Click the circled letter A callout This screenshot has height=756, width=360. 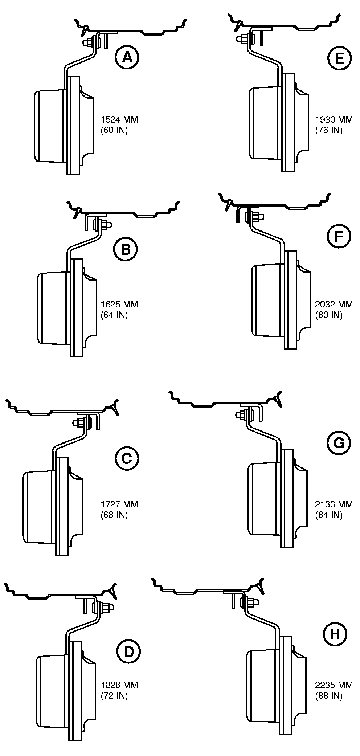[127, 57]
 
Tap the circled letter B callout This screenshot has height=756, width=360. [125, 249]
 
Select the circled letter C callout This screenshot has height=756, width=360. [127, 458]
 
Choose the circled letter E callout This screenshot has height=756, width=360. [340, 58]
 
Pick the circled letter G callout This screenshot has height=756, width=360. [339, 443]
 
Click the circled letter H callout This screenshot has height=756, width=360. [334, 634]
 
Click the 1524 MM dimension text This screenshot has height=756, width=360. [119, 119]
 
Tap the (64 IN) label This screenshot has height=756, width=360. [114, 315]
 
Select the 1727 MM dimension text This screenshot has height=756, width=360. [119, 504]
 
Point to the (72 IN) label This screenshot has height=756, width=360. [114, 695]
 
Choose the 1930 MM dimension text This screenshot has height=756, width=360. [334, 119]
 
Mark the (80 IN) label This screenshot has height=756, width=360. [329, 315]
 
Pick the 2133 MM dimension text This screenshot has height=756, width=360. [334, 504]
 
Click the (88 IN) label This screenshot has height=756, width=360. [329, 695]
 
